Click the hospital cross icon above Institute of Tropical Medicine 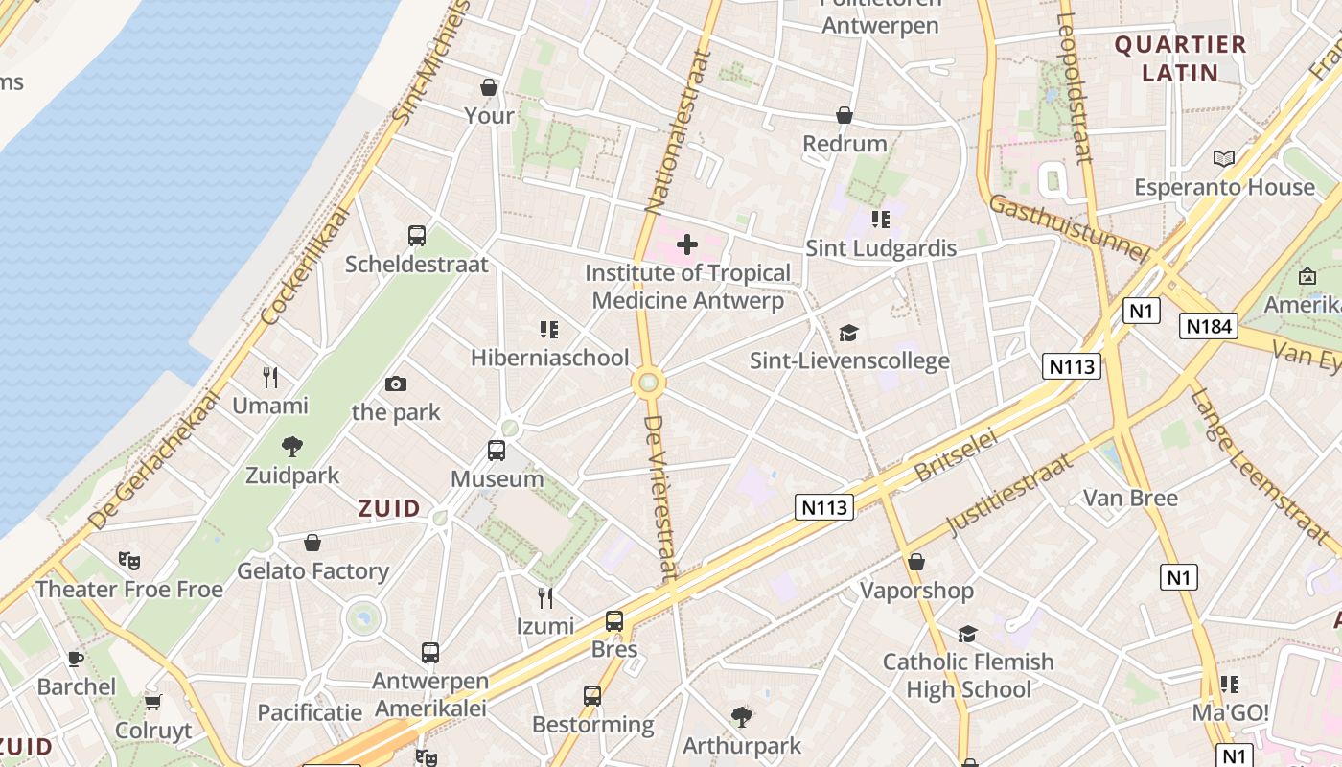[x=687, y=245]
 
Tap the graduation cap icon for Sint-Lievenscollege [x=848, y=333]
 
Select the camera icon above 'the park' [x=395, y=384]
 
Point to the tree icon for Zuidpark [x=291, y=446]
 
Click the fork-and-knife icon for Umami [x=270, y=377]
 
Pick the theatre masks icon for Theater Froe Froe [x=128, y=561]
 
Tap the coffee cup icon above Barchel [x=76, y=659]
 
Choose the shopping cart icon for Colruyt [x=153, y=702]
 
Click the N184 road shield [x=1208, y=326]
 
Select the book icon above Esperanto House [x=1224, y=158]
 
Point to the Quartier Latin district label [x=1180, y=58]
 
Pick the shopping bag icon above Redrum [x=845, y=115]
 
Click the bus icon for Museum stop [x=497, y=451]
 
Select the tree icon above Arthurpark [x=741, y=716]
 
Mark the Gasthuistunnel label [x=1068, y=228]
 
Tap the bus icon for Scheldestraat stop [x=417, y=236]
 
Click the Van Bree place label [x=1130, y=498]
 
